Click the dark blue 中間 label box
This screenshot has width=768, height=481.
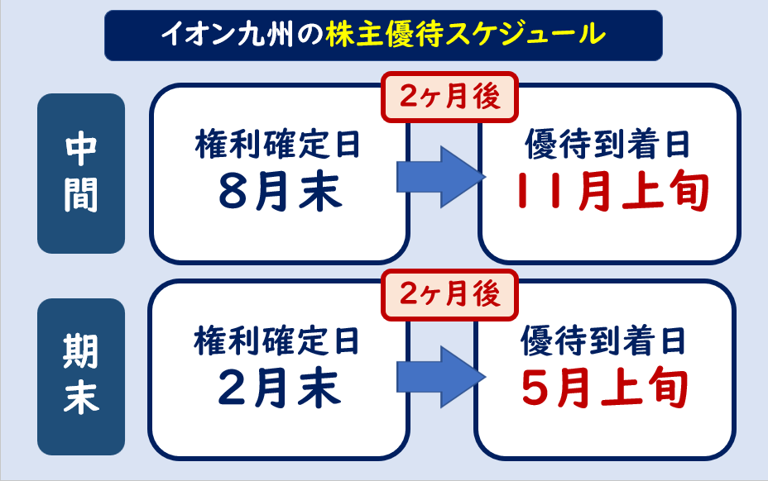pyautogui.click(x=81, y=174)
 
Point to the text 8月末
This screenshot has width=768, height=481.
pyautogui.click(x=280, y=191)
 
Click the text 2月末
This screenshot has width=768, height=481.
pyautogui.click(x=280, y=388)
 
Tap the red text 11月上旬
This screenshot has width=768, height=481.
pyautogui.click(x=611, y=191)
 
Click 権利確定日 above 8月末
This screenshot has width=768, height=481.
pyautogui.click(x=279, y=147)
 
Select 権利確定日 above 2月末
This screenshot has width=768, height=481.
pyautogui.click(x=279, y=340)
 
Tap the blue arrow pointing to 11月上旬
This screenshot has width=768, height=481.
pyautogui.click(x=439, y=176)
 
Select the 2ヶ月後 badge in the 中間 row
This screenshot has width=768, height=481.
pyautogui.click(x=449, y=98)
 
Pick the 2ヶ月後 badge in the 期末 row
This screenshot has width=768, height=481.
pyautogui.click(x=449, y=294)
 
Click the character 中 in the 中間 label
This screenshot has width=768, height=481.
pyautogui.click(x=81, y=150)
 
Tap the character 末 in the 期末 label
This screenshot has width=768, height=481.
pyautogui.click(x=81, y=398)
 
